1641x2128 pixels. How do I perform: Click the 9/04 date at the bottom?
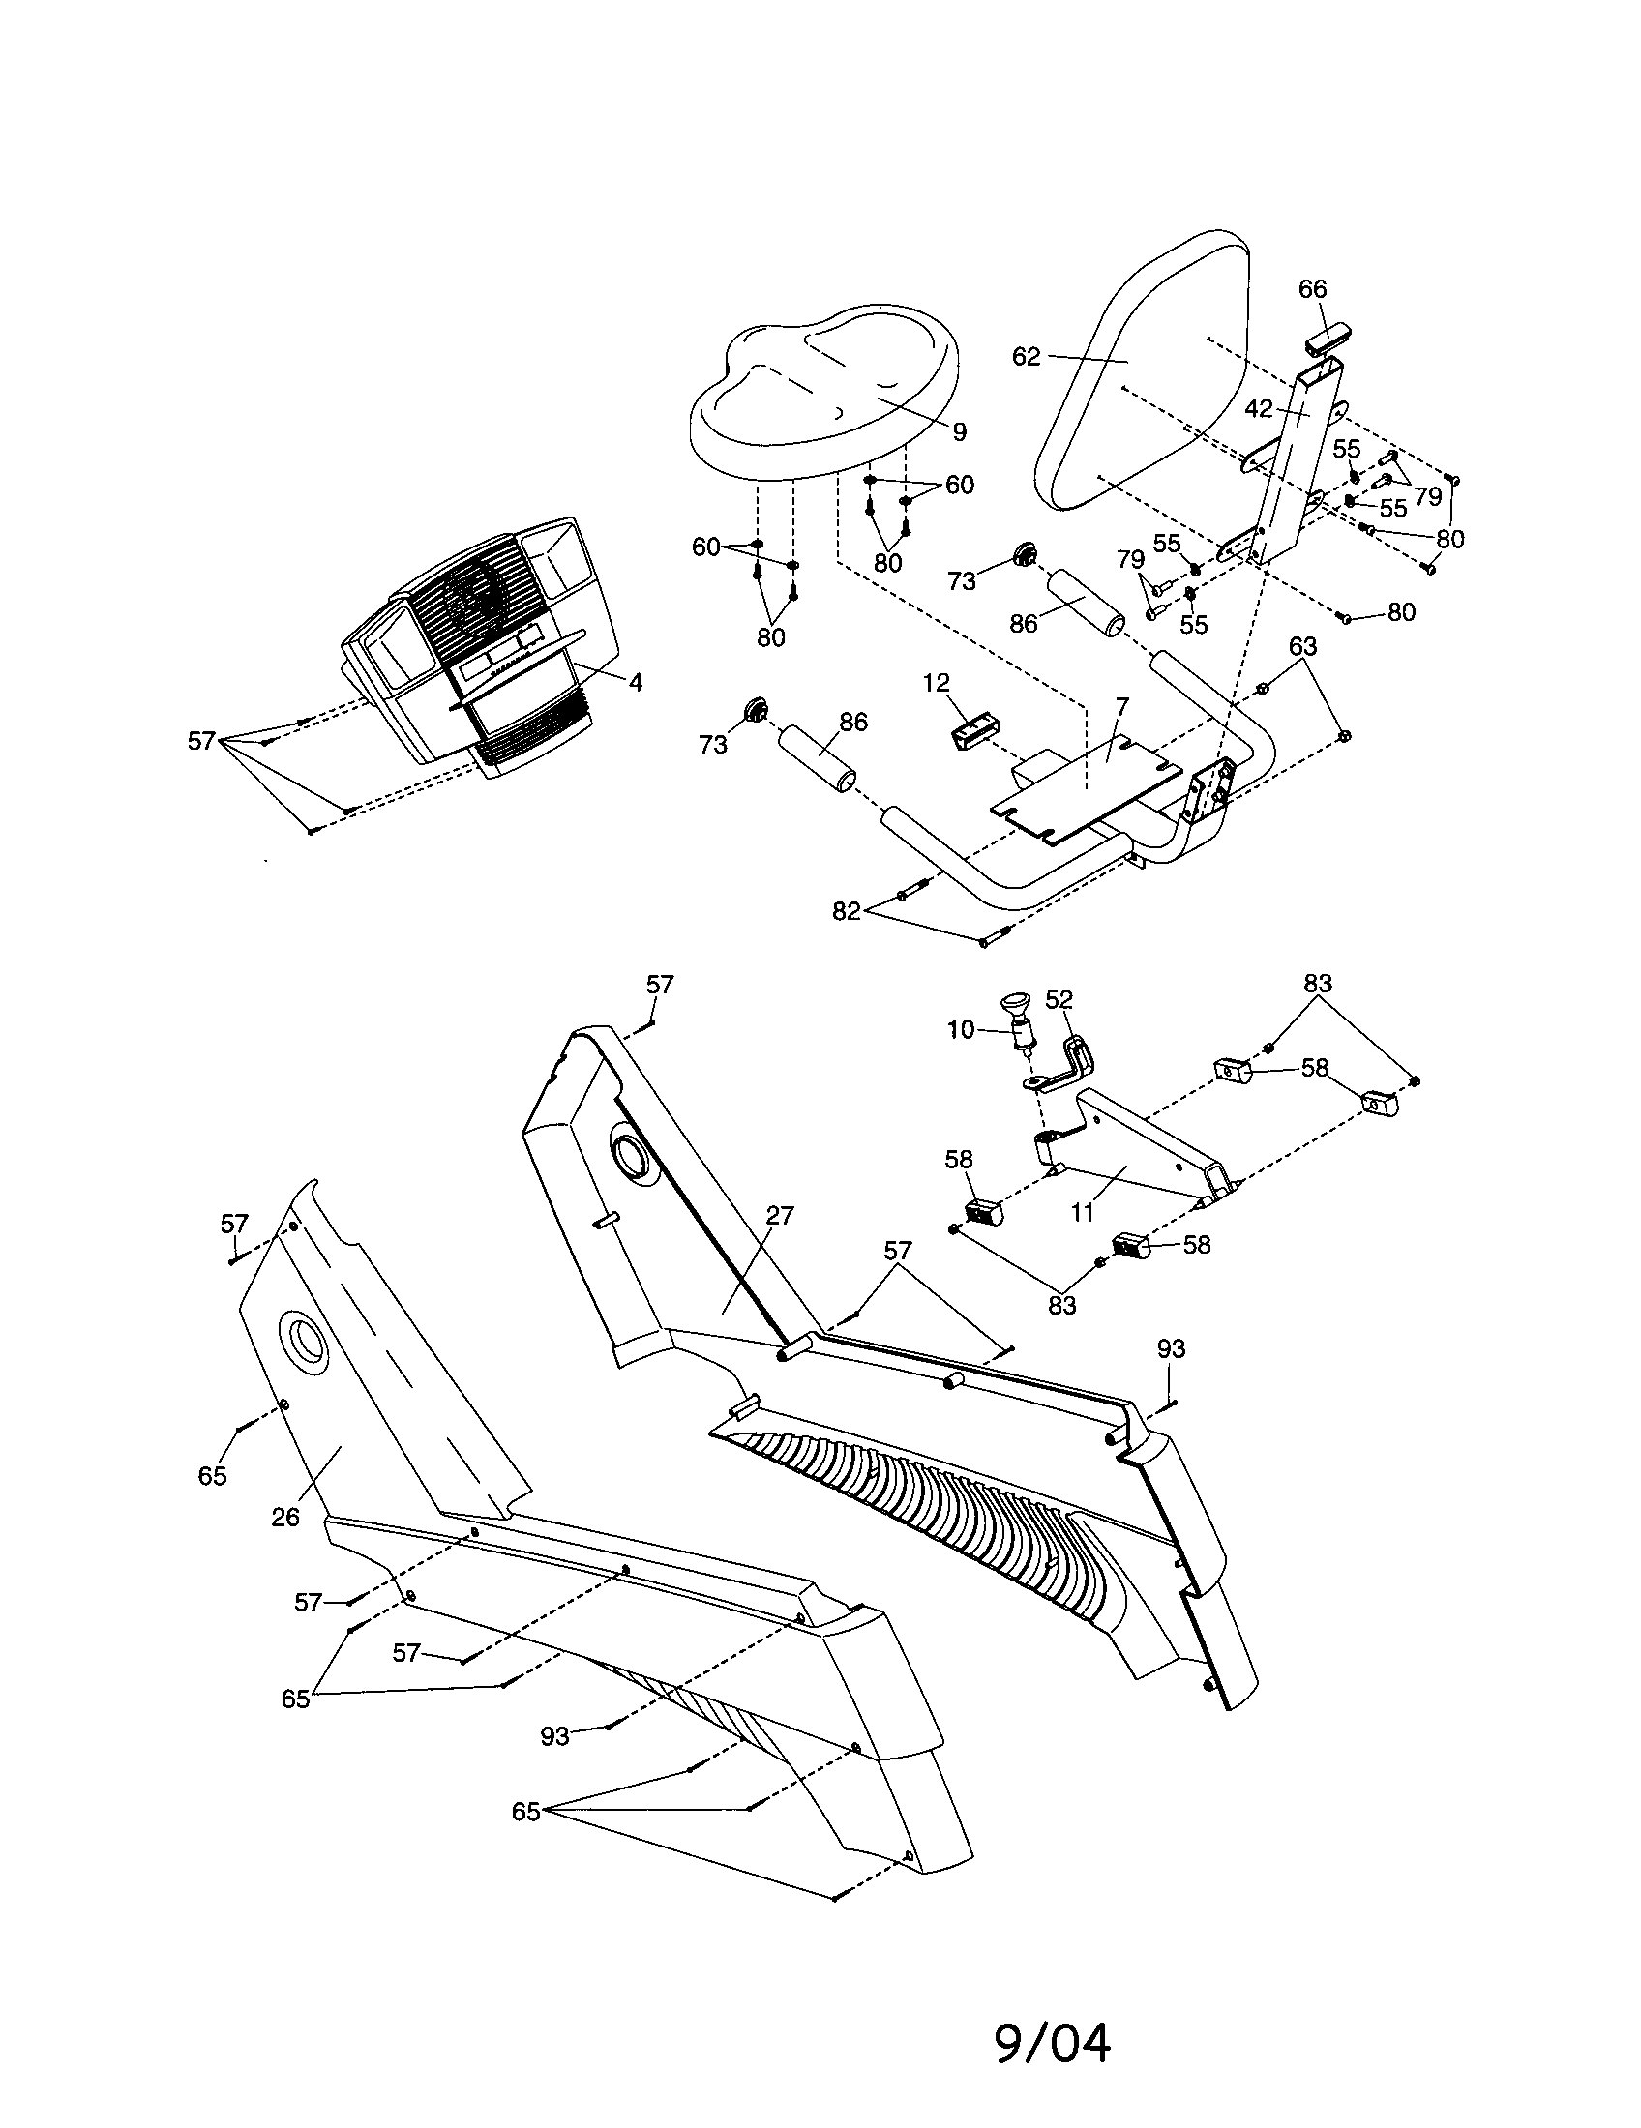(x=1052, y=2044)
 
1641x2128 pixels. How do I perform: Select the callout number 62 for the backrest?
(x=1027, y=357)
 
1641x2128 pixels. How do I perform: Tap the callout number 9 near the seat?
(x=959, y=431)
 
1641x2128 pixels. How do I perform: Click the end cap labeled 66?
(x=1328, y=342)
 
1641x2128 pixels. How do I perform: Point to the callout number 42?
(x=1259, y=409)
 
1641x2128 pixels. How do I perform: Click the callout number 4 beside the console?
(x=636, y=683)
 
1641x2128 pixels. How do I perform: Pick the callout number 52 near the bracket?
(x=1059, y=1000)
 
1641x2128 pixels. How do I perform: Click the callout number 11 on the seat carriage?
(x=1083, y=1213)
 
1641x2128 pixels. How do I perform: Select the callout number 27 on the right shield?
(x=780, y=1216)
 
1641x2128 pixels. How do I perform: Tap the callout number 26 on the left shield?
(x=285, y=1517)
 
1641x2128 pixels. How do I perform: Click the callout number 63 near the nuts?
(x=1303, y=646)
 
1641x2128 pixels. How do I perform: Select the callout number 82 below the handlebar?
(x=846, y=911)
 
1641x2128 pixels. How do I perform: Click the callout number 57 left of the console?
(x=200, y=742)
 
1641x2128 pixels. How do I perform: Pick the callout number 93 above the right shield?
(x=1172, y=1348)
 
